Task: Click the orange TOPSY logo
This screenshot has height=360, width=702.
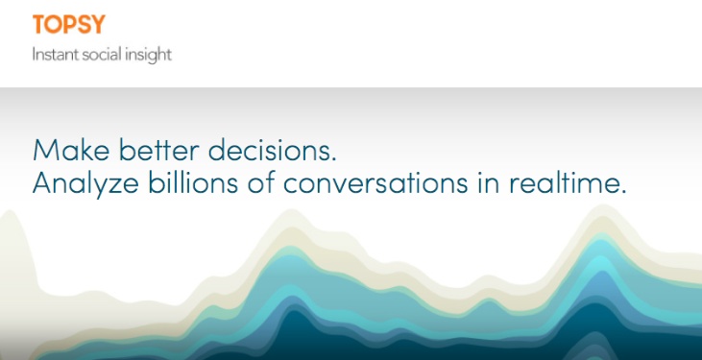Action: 69,24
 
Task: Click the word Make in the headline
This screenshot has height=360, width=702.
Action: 71,150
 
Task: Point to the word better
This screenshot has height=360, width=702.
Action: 159,150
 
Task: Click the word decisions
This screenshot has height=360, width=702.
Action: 272,150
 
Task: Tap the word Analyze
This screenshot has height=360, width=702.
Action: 85,183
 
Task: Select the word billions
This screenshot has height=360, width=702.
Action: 193,182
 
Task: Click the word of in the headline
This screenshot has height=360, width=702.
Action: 261,182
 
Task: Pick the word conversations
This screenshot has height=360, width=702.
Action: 375,183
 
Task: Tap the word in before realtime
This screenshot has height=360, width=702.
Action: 489,183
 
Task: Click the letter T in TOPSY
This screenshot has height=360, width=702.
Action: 39,25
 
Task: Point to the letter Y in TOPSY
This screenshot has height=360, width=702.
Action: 98,25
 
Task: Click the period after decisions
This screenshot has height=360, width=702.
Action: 333,159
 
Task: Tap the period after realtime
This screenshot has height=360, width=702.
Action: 623,192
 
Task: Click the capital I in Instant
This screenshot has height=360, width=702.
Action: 34,55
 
